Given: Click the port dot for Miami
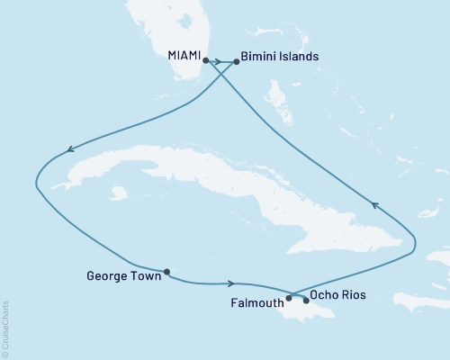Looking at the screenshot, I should tap(207, 61).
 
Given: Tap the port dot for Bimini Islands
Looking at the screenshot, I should tap(237, 61).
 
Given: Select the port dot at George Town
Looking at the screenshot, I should tap(166, 271).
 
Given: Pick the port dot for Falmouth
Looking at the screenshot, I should tap(289, 297).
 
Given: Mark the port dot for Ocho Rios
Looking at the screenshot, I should tap(306, 300).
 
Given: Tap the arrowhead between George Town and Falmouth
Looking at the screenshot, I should tap(233, 283).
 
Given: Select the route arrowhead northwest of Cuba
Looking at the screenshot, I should tap(67, 150).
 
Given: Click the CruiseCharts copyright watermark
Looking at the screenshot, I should tap(6, 328).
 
